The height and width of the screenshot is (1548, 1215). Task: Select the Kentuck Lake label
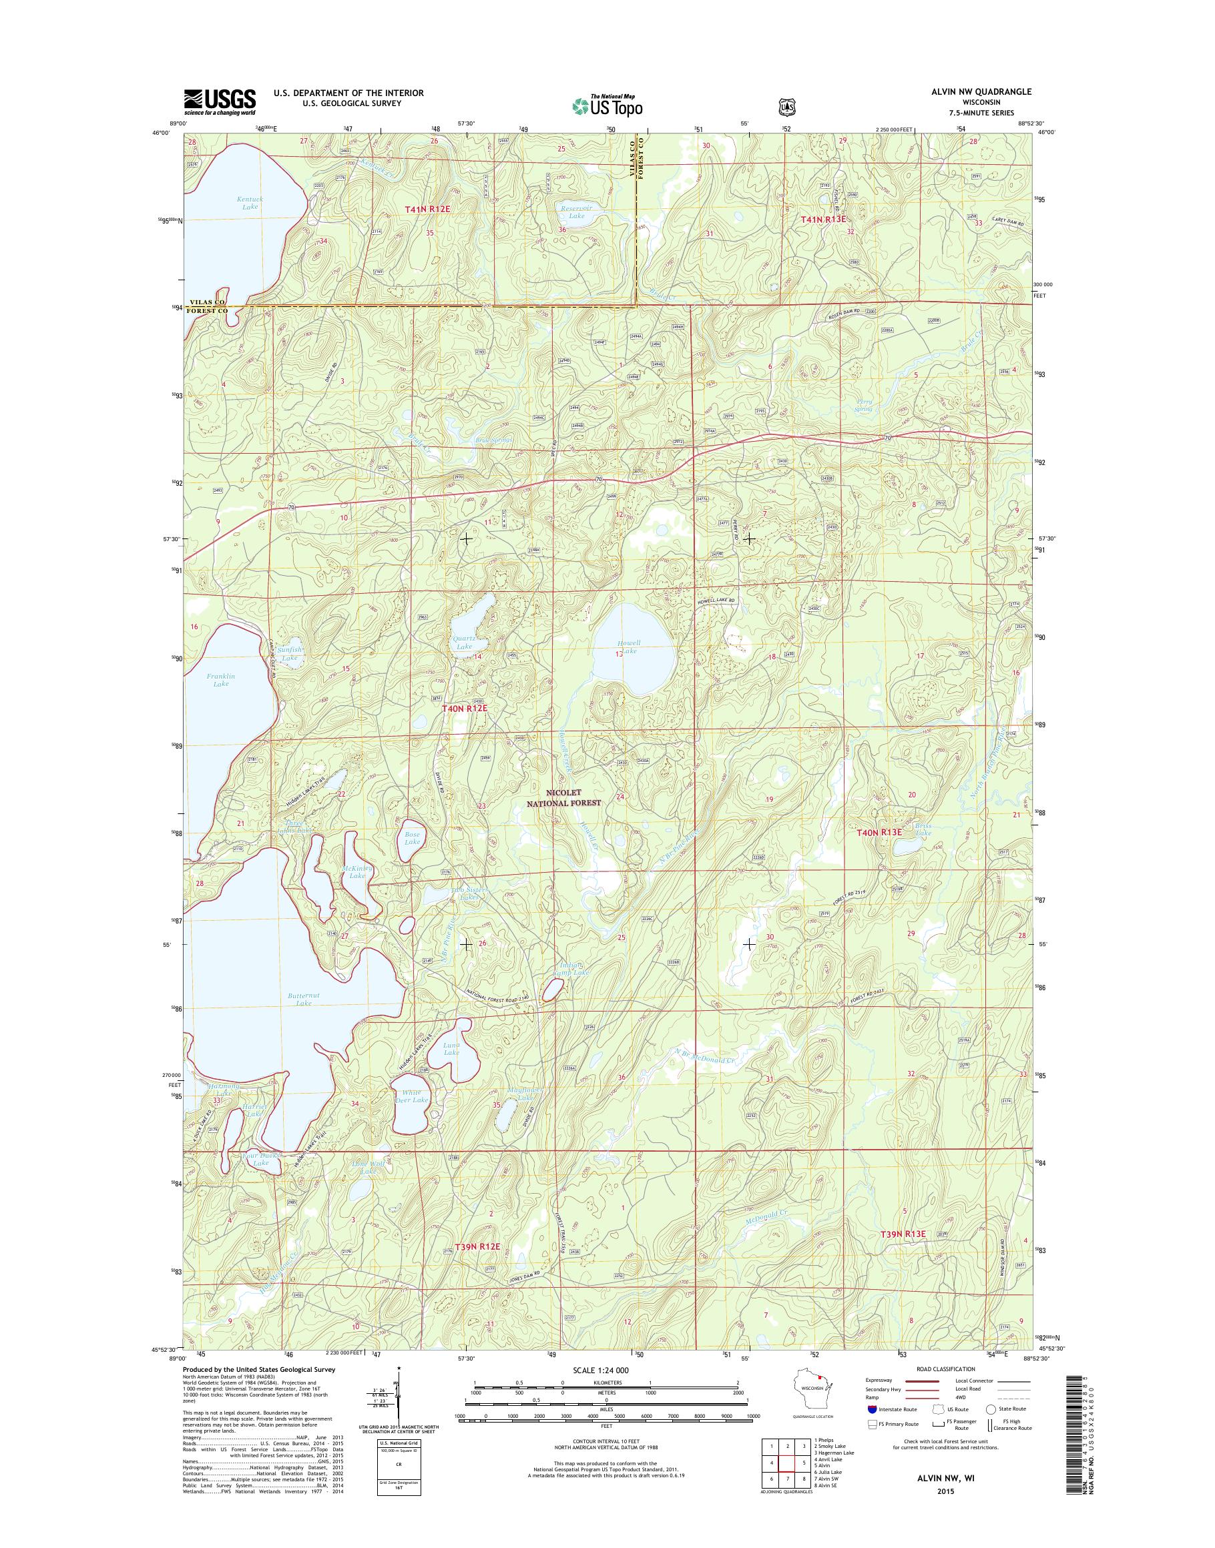click(x=250, y=203)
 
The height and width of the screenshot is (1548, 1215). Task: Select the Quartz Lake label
click(x=465, y=642)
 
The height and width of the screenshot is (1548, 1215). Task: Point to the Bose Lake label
click(x=413, y=837)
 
